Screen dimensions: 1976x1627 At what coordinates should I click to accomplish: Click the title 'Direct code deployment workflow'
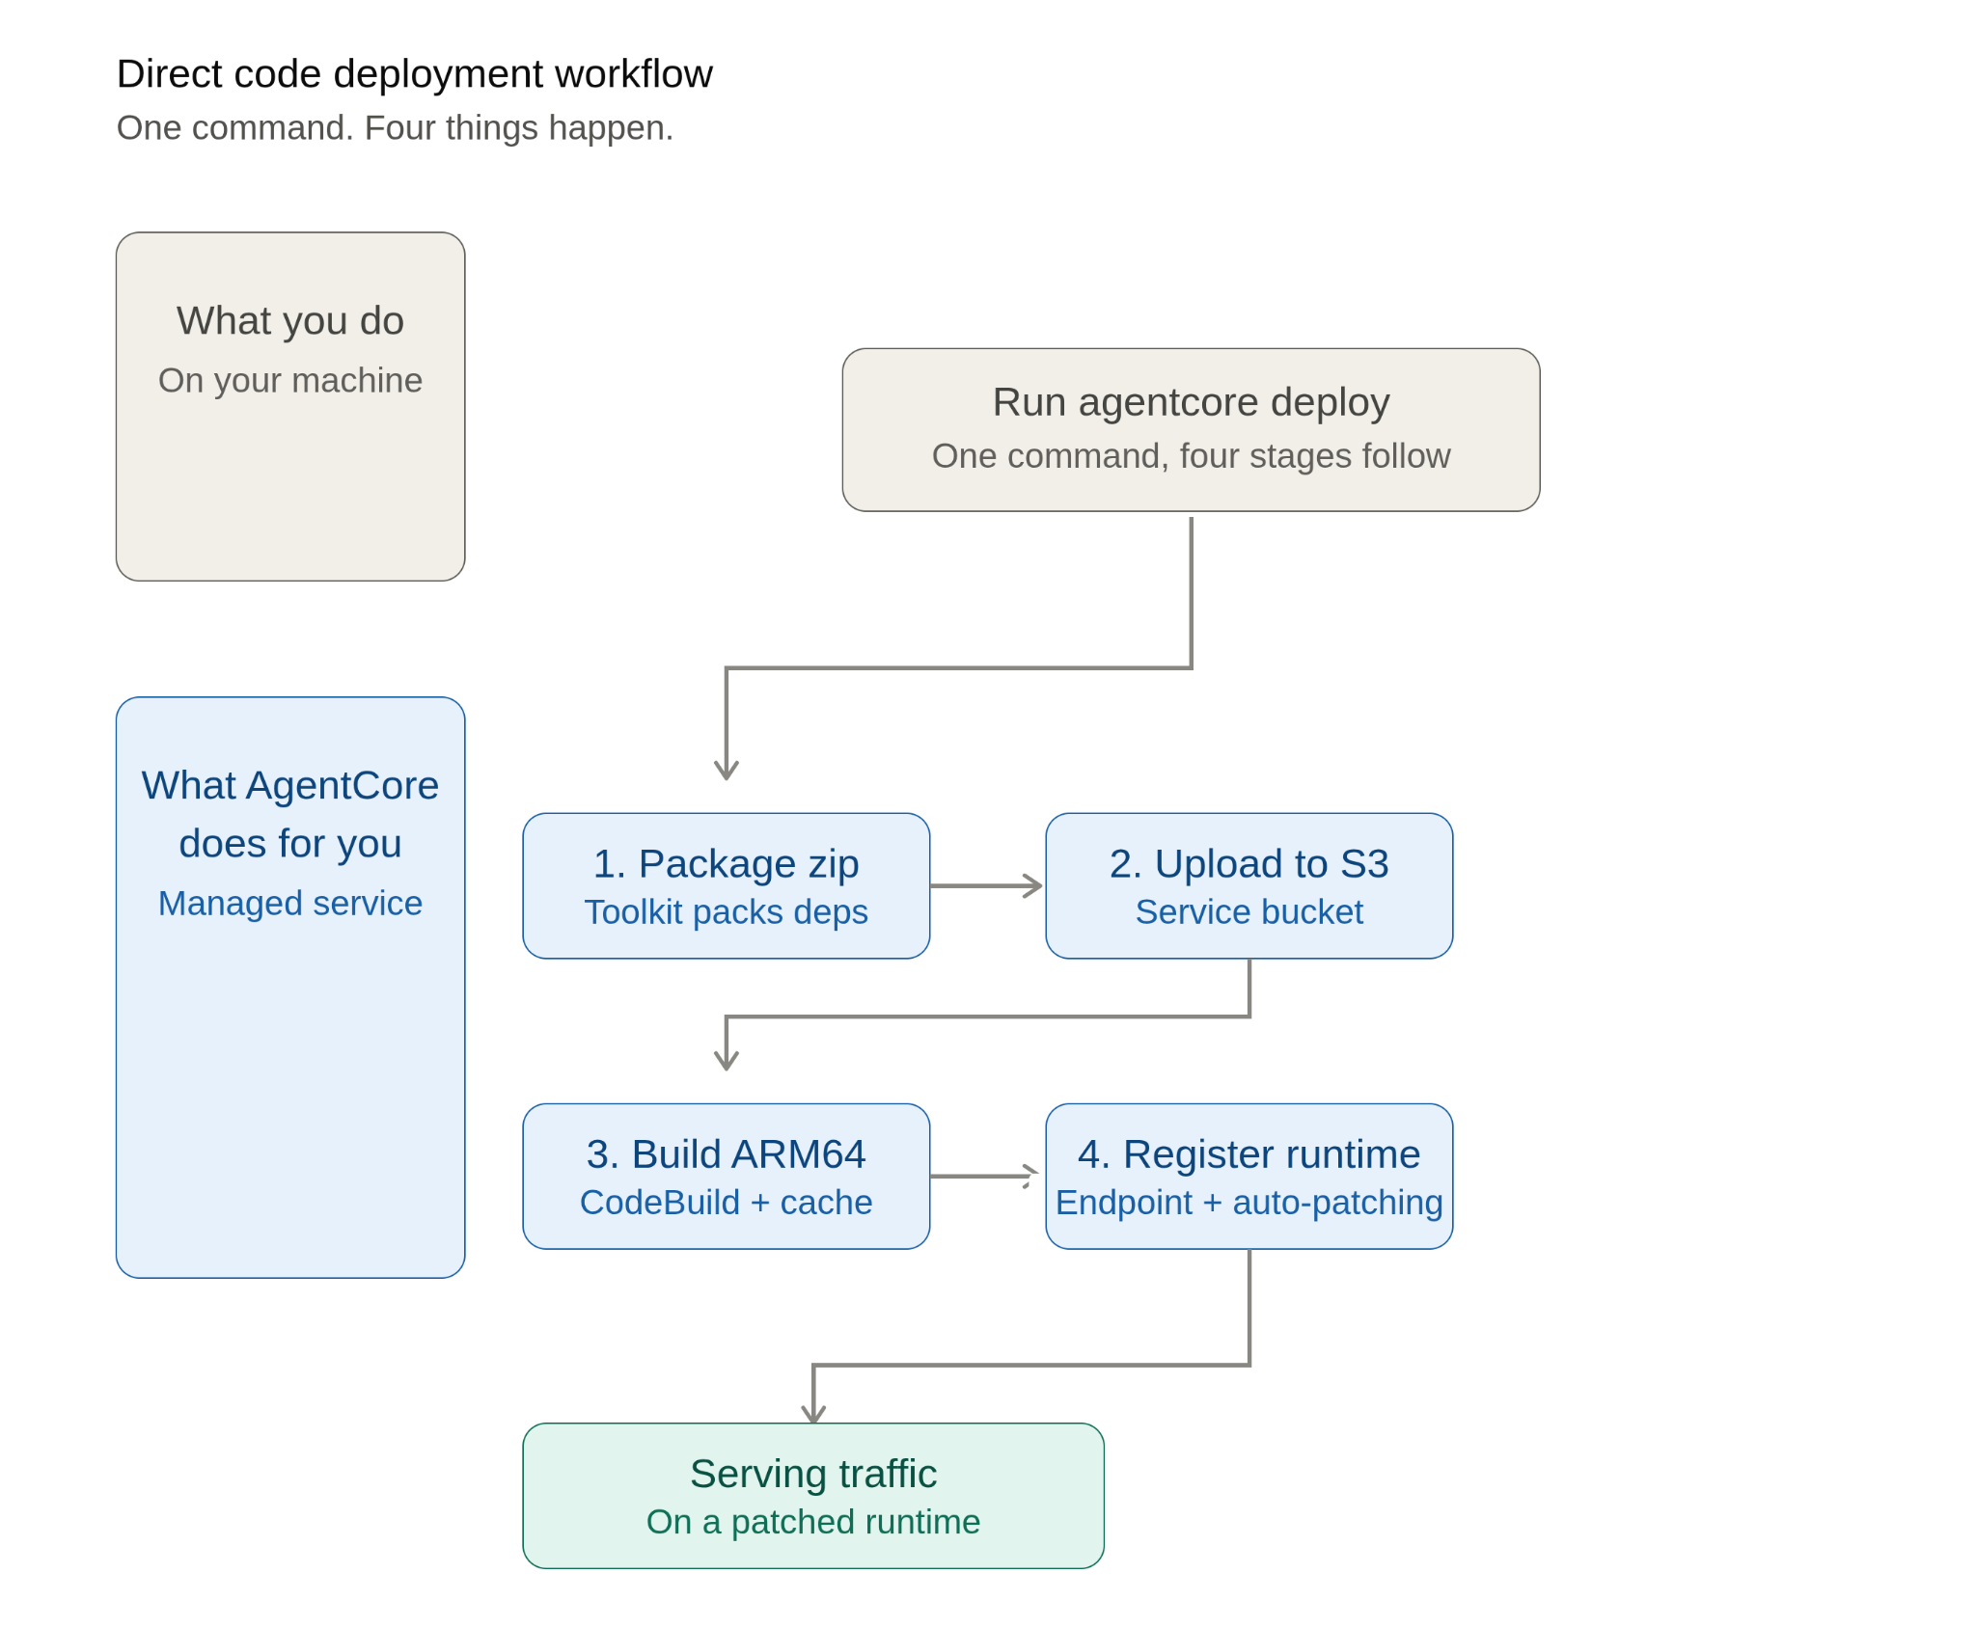click(x=414, y=74)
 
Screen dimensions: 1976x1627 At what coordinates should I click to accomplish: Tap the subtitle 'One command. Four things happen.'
click(x=395, y=127)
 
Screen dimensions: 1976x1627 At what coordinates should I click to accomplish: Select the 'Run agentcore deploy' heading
click(x=1191, y=402)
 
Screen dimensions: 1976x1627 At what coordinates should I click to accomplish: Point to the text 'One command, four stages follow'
click(x=1191, y=455)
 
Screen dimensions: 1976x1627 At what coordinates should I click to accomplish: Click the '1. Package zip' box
click(x=726, y=885)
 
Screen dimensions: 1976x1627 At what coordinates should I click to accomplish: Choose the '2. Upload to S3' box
click(x=1249, y=885)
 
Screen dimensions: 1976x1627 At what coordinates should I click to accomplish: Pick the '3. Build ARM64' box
click(x=726, y=1176)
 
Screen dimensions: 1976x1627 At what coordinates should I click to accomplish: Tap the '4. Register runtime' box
click(x=1249, y=1176)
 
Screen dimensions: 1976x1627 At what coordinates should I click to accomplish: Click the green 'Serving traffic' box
click(x=813, y=1496)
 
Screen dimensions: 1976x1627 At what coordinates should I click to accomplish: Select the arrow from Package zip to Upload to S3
click(x=986, y=885)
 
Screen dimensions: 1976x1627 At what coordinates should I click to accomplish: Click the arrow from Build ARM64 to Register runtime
click(x=984, y=1176)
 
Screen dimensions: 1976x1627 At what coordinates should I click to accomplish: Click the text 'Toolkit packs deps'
click(x=726, y=911)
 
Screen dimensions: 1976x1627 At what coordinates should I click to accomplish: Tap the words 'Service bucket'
click(x=1249, y=911)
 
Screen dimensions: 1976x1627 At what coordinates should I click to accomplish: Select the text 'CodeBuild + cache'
click(x=726, y=1202)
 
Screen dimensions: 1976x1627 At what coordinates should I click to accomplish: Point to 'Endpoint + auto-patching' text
click(x=1249, y=1203)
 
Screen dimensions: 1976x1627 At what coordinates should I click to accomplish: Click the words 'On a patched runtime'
click(x=813, y=1522)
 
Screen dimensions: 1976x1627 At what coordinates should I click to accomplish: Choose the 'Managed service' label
click(x=290, y=903)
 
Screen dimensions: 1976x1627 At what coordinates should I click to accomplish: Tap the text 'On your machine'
click(x=290, y=380)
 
